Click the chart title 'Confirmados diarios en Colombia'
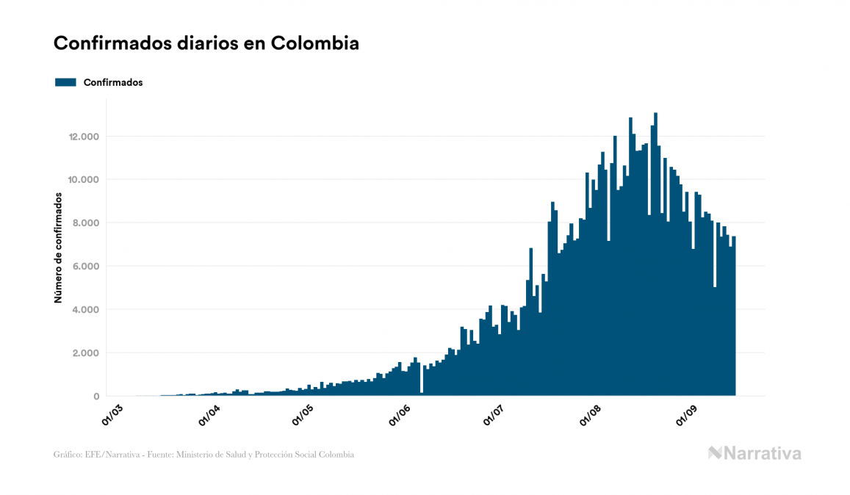tap(206, 43)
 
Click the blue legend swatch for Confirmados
tap(65, 82)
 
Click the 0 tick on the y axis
tap(96, 397)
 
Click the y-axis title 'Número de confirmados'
tap(57, 248)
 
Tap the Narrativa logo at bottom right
tap(754, 453)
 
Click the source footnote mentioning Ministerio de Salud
tap(204, 455)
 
